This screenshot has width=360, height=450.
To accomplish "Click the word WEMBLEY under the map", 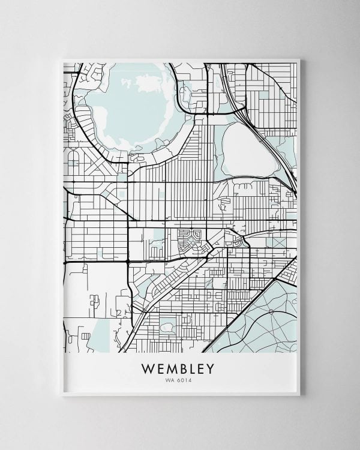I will pos(179,367).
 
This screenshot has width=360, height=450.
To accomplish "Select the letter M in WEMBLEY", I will pos(170,367).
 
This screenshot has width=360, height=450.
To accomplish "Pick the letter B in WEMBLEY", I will pos(182,367).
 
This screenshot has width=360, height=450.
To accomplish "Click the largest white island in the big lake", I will pos(147,84).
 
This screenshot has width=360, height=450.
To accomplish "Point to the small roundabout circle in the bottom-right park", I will pos(271,311).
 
